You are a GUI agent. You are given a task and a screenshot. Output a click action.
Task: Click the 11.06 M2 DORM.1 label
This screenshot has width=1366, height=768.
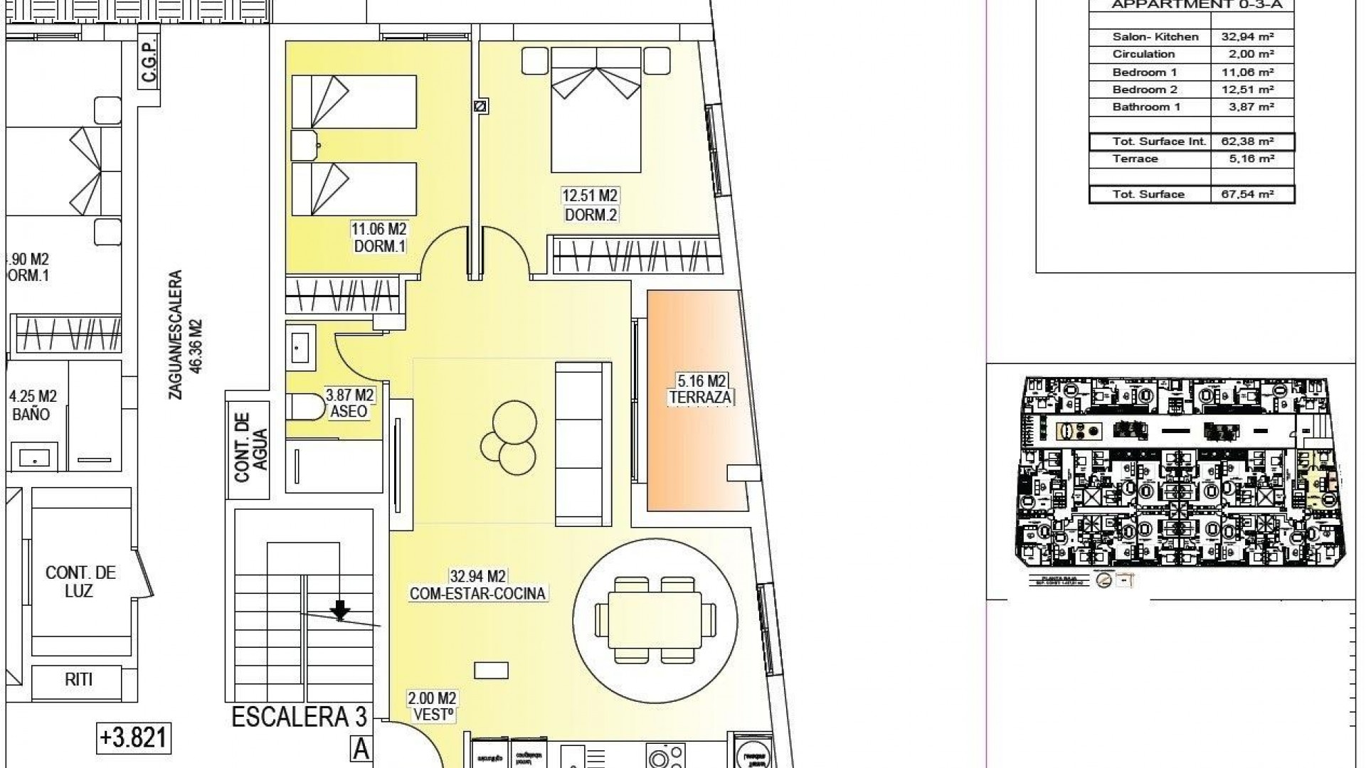point(378,238)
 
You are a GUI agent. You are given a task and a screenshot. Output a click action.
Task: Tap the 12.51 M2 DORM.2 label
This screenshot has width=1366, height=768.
point(590,205)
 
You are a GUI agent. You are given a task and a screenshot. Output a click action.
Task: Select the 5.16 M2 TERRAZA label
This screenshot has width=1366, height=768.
point(700,389)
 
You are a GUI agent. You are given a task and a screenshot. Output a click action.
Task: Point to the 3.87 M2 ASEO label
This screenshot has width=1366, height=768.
point(349,402)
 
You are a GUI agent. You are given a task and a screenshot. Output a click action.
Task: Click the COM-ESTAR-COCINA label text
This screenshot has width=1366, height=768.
point(477,594)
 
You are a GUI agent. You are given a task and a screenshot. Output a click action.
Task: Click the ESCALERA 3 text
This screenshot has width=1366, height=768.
point(300,717)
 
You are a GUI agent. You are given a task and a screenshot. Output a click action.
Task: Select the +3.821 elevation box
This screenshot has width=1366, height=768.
point(134,737)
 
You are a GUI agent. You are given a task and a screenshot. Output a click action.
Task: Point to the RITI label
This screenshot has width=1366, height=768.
point(79,679)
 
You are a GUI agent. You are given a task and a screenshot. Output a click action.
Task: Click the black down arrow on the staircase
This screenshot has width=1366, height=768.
point(341,609)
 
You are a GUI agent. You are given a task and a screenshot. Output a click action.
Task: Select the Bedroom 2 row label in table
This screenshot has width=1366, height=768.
point(1145,90)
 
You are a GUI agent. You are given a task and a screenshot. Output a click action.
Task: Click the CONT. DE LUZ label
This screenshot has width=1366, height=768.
point(80,582)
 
